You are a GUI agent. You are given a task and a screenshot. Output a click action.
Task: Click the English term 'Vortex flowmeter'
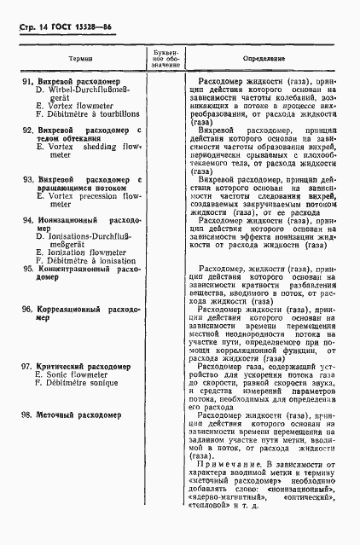coord(78,107)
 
